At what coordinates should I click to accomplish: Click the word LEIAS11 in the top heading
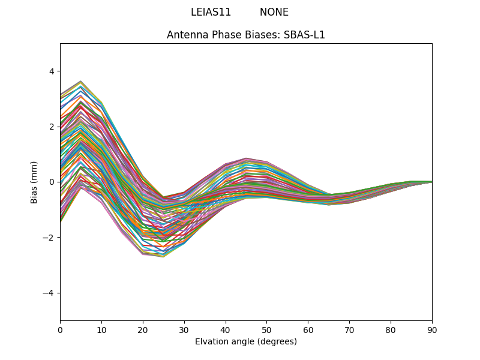click(211, 12)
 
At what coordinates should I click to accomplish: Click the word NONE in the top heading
click(274, 12)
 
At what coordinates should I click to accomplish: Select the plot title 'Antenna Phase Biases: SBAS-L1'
click(246, 35)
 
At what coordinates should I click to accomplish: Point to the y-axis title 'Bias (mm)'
click(34, 182)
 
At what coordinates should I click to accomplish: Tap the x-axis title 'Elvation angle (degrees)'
click(246, 342)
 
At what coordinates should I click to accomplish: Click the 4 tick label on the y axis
click(51, 71)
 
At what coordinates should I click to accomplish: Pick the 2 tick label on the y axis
click(51, 127)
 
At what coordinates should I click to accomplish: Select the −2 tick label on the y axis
click(49, 238)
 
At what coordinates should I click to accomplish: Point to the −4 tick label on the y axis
click(49, 293)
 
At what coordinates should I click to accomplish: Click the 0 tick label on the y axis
click(51, 182)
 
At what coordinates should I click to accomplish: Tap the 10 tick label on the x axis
click(101, 329)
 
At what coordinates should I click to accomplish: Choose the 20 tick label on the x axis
click(143, 329)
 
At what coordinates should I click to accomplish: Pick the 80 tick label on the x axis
click(391, 329)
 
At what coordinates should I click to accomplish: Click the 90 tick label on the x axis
click(432, 329)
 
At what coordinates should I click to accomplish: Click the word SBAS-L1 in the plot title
click(304, 35)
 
